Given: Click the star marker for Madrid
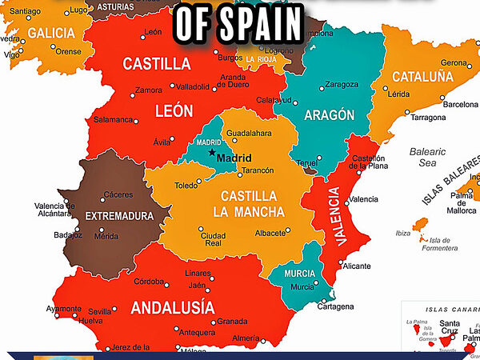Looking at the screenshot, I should (x=212, y=152).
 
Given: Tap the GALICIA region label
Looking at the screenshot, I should (x=51, y=33).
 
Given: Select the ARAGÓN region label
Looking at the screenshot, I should (x=330, y=114).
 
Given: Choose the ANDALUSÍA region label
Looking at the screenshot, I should (x=172, y=307).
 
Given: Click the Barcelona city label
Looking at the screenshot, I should (x=460, y=104).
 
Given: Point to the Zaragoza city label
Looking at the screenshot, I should (x=342, y=84).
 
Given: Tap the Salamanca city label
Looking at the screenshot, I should (x=113, y=119).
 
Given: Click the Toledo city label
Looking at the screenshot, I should (x=186, y=185).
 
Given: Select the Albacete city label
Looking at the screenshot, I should (x=270, y=233).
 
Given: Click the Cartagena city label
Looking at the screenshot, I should (x=335, y=306).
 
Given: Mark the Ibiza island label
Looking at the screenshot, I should (x=403, y=234).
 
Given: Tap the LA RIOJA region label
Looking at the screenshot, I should (x=261, y=59).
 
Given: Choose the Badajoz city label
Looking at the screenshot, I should (x=68, y=235).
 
